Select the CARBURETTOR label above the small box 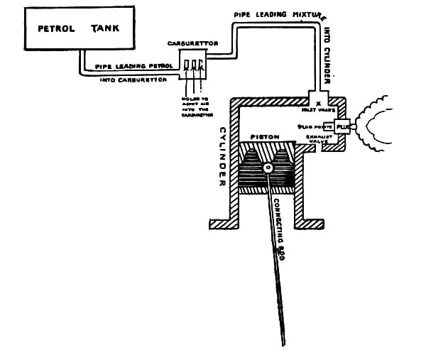192,43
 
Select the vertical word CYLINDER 222,156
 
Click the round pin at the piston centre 268,169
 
